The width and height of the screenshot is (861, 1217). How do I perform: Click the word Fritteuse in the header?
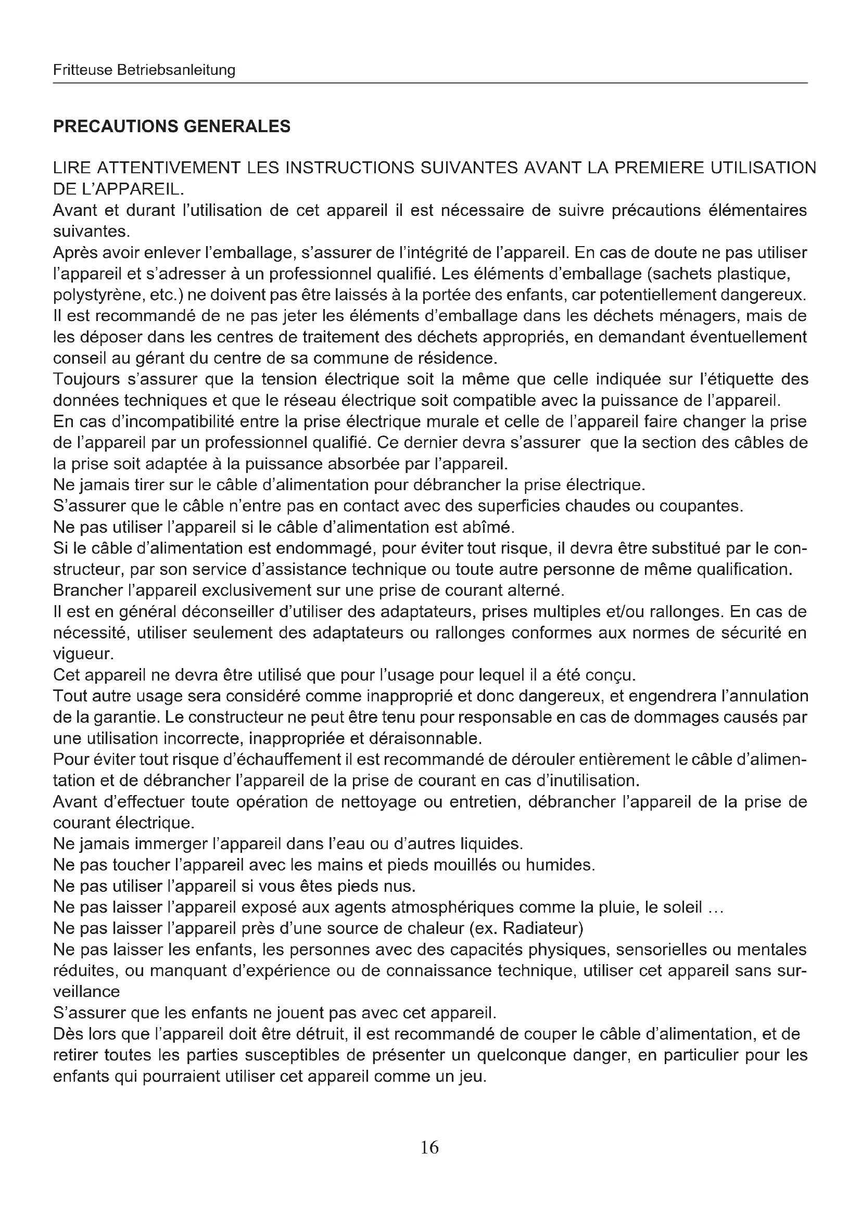pos(82,70)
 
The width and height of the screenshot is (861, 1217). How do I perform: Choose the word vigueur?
pos(83,654)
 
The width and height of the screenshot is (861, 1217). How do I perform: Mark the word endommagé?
pos(326,548)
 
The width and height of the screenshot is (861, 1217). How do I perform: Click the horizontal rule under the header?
pos(430,83)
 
